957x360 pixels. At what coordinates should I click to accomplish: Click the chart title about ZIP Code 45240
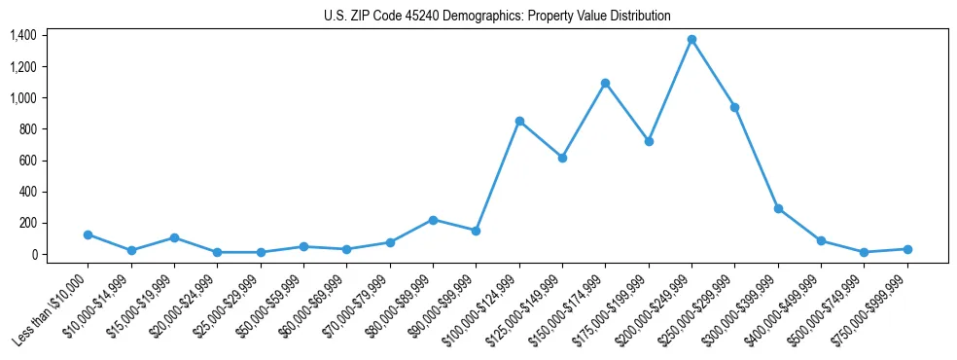point(497,17)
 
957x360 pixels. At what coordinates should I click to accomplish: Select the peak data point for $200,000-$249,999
point(691,40)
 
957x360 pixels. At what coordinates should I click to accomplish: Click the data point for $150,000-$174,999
point(605,84)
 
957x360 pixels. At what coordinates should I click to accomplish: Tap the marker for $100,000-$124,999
point(519,121)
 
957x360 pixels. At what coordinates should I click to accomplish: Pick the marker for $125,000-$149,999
point(562,158)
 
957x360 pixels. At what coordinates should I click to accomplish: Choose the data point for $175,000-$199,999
point(649,141)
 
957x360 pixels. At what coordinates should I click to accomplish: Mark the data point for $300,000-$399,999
point(778,208)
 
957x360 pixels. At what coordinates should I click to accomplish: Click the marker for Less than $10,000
point(89,234)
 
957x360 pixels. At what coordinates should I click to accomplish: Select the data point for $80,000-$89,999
point(433,220)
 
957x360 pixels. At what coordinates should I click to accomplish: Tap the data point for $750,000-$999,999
point(906,249)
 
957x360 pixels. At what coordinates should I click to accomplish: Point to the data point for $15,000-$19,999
point(174,237)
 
